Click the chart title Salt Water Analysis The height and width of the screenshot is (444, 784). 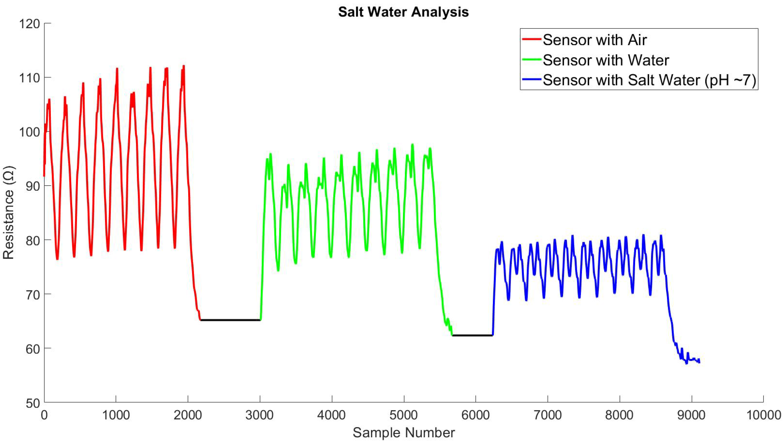pyautogui.click(x=403, y=12)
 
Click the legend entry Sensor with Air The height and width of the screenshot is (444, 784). pyautogui.click(x=595, y=40)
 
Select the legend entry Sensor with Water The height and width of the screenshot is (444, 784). pyautogui.click(x=606, y=60)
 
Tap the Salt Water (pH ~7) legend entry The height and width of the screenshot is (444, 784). pyautogui.click(x=649, y=80)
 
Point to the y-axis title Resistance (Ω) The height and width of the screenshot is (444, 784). pyautogui.click(x=9, y=213)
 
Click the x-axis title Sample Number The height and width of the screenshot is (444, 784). pyautogui.click(x=404, y=432)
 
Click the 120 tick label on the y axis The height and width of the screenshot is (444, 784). pyautogui.click(x=30, y=24)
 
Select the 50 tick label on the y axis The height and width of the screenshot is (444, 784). pyautogui.click(x=33, y=403)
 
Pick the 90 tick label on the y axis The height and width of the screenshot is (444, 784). pyautogui.click(x=33, y=186)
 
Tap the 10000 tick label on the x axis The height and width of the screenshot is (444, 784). pyautogui.click(x=763, y=415)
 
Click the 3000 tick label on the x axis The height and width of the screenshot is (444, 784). pyautogui.click(x=260, y=415)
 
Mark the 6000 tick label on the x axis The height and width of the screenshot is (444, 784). pyautogui.click(x=476, y=415)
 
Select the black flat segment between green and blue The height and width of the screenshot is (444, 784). pyautogui.click(x=472, y=335)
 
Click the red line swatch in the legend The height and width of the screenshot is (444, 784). pyautogui.click(x=532, y=40)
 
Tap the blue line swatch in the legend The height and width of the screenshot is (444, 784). pyautogui.click(x=532, y=80)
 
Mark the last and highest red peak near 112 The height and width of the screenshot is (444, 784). pyautogui.click(x=184, y=66)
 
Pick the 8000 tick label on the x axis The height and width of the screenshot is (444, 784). pyautogui.click(x=620, y=415)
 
